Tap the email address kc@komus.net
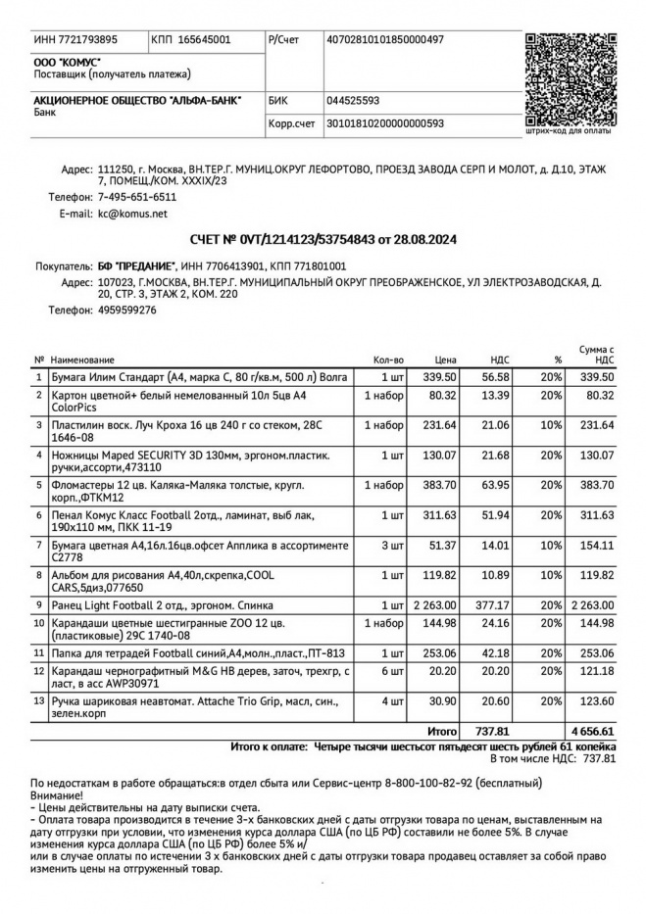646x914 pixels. [132, 213]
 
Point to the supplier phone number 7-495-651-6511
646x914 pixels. [137, 197]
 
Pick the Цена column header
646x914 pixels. [446, 360]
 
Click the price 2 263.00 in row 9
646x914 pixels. [436, 605]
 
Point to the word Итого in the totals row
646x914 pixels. [442, 731]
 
